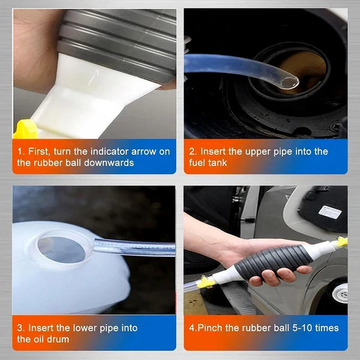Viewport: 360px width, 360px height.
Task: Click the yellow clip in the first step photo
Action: pos(26,129)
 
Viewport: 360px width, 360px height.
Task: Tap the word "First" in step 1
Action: pos(37,151)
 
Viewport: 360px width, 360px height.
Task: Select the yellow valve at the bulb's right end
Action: pos(341,242)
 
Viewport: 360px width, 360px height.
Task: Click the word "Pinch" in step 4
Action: pos(211,328)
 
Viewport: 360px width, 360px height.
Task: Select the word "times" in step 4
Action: pos(326,328)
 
